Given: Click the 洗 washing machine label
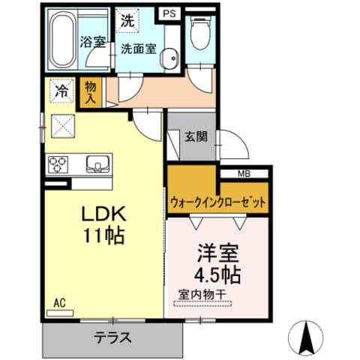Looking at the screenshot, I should [x=128, y=22].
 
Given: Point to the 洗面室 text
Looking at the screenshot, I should [x=139, y=49].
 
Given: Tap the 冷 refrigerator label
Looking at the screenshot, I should [x=61, y=92].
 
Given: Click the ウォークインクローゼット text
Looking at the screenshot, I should [x=218, y=202].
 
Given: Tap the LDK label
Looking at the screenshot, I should [x=102, y=214].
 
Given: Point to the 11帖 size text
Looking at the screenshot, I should [x=103, y=235].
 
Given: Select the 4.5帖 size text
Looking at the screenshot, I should [x=215, y=273].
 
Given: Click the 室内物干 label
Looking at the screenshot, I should [x=204, y=295].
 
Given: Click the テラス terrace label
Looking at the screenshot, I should [x=112, y=337].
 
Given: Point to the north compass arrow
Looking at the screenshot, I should [x=308, y=337].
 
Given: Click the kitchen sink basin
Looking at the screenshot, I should [x=97, y=163].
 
